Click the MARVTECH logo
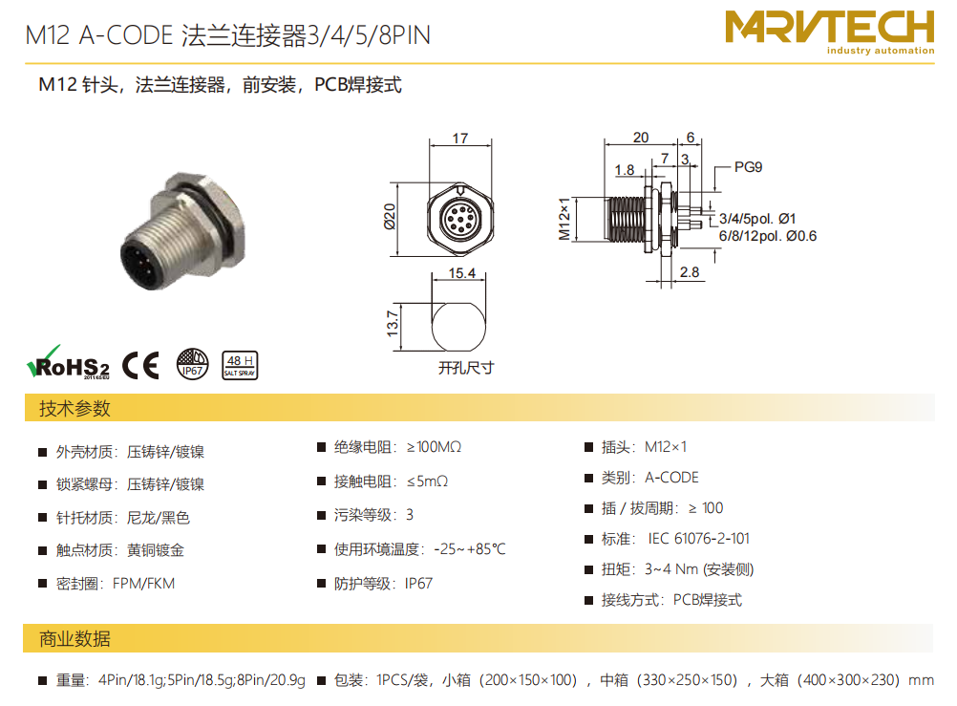(829, 32)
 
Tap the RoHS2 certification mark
(68, 363)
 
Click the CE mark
(140, 365)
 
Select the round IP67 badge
(192, 364)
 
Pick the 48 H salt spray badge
(239, 365)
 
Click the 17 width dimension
(460, 139)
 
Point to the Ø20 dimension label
(390, 217)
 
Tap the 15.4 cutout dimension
(461, 273)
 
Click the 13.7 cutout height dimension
(392, 324)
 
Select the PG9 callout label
(748, 167)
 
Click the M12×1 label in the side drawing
(564, 219)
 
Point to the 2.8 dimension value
(689, 271)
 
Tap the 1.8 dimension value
(624, 170)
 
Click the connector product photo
(183, 231)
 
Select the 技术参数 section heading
(74, 408)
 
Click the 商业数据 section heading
(74, 638)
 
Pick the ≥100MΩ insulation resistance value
(434, 447)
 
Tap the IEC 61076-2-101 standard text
(698, 539)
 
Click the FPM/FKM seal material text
(143, 584)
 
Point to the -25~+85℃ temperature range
(469, 549)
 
